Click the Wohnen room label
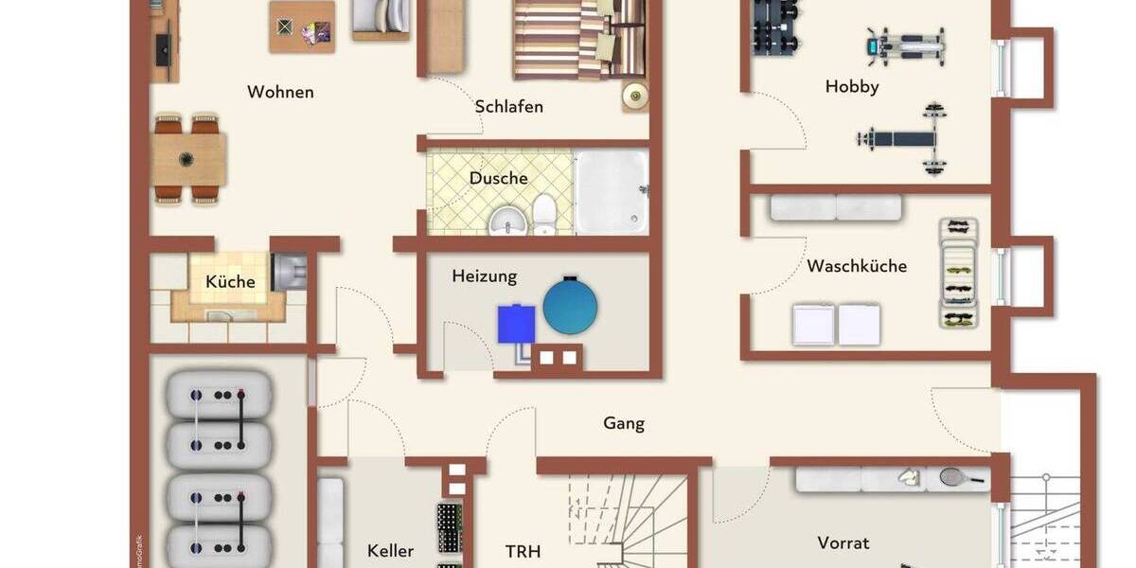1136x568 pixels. click(280, 92)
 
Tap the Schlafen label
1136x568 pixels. click(509, 106)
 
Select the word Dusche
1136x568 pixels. click(499, 178)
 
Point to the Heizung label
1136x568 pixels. click(485, 276)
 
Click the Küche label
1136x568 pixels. click(231, 281)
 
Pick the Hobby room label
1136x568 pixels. click(852, 86)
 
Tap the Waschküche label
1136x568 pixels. click(857, 266)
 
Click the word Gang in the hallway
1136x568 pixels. click(624, 423)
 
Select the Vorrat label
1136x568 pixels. click(843, 542)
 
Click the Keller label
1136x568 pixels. click(391, 551)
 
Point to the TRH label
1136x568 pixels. click(523, 551)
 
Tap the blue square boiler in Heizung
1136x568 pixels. click(516, 323)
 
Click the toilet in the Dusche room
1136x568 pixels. click(544, 215)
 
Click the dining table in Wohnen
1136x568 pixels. click(188, 158)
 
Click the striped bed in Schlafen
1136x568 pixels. click(563, 40)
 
